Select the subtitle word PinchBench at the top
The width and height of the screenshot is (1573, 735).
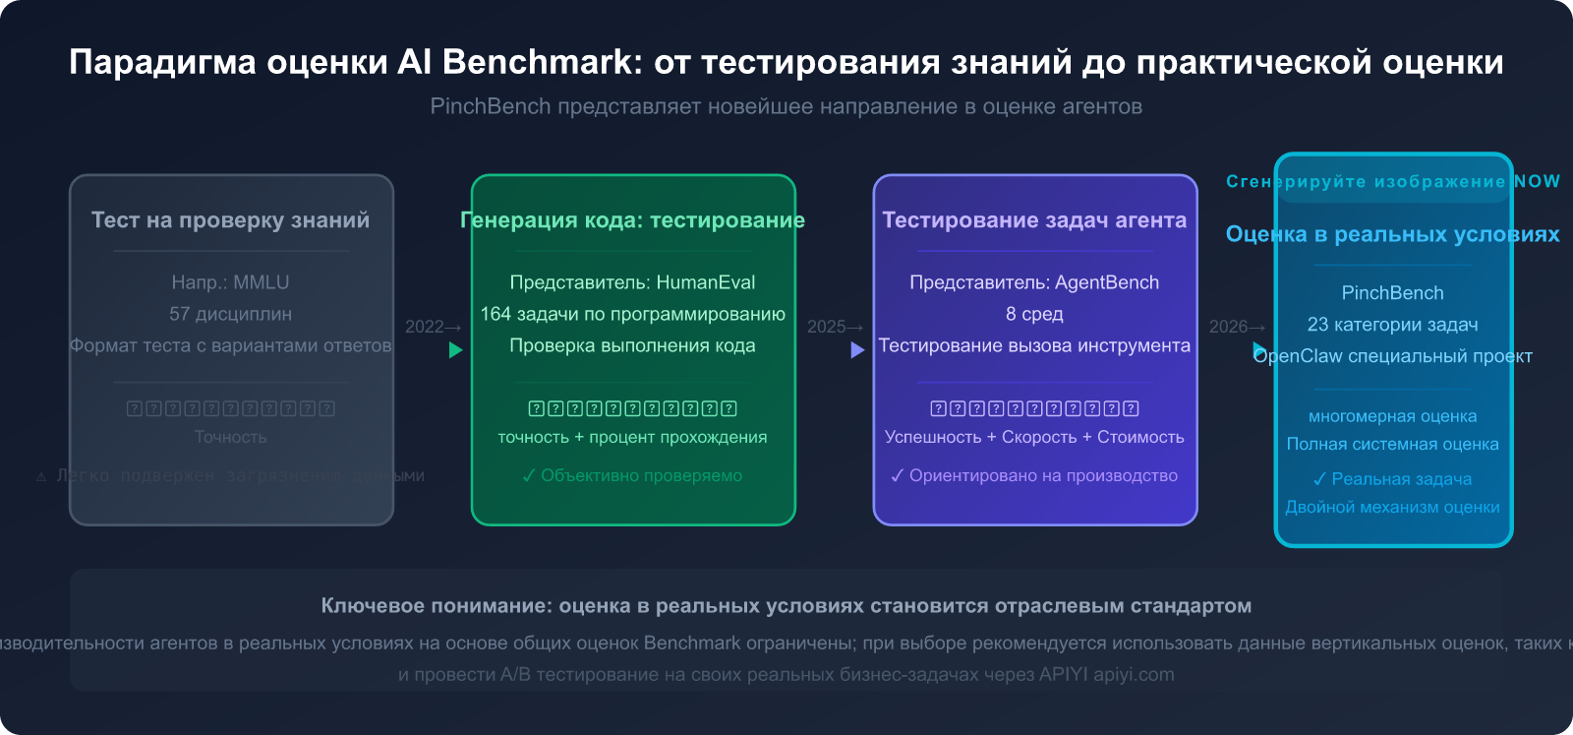click(490, 106)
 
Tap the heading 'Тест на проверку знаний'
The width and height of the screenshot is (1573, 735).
click(230, 220)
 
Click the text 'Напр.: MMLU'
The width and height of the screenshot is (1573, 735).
click(230, 282)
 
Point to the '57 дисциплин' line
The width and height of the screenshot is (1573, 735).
click(230, 314)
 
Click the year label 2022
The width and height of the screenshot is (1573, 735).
click(425, 327)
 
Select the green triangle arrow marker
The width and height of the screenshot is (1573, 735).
click(455, 349)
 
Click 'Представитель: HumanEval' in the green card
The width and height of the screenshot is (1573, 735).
click(632, 282)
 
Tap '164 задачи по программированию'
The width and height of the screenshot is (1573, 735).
click(632, 314)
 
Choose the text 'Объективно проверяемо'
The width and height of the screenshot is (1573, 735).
click(641, 475)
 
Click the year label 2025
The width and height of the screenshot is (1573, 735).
click(827, 327)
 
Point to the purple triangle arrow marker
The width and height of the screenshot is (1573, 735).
click(857, 349)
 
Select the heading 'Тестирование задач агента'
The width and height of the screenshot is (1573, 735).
click(1034, 220)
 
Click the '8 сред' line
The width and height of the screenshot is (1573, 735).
click(1034, 314)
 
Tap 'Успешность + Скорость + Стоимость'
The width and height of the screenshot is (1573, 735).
click(1034, 437)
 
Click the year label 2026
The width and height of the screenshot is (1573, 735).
click(1229, 327)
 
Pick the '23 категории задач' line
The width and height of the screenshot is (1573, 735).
click(1392, 325)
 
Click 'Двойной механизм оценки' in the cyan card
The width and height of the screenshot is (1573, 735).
click(1392, 507)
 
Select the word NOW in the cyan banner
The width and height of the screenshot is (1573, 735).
click(1537, 181)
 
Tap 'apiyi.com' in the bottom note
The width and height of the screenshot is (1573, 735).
click(1134, 675)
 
